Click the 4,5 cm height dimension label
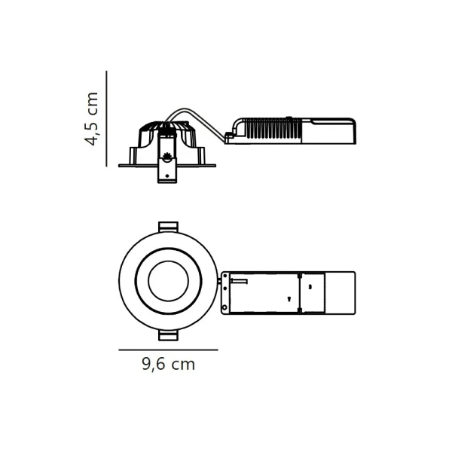[x=92, y=119]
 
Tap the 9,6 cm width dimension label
[x=169, y=365]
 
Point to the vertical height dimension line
[x=106, y=118]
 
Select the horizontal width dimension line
[x=168, y=350]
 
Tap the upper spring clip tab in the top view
[x=168, y=227]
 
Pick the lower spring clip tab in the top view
[x=168, y=335]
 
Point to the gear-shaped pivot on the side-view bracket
[x=166, y=157]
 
